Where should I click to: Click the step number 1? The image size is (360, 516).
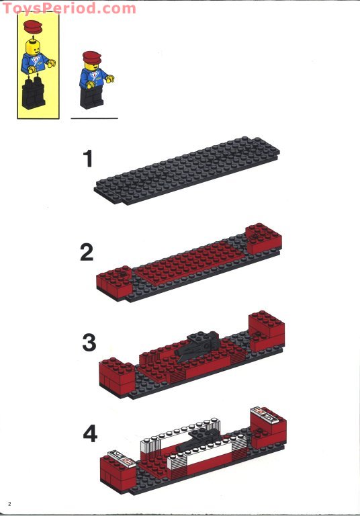[87, 159]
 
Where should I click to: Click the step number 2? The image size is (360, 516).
[87, 253]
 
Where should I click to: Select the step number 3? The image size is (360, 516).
[89, 342]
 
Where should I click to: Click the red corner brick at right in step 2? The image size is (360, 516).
[263, 238]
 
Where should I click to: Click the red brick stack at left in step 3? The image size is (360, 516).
[117, 376]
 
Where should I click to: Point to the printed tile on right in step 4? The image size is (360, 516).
[263, 414]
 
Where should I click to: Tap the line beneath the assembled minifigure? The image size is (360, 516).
[94, 118]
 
